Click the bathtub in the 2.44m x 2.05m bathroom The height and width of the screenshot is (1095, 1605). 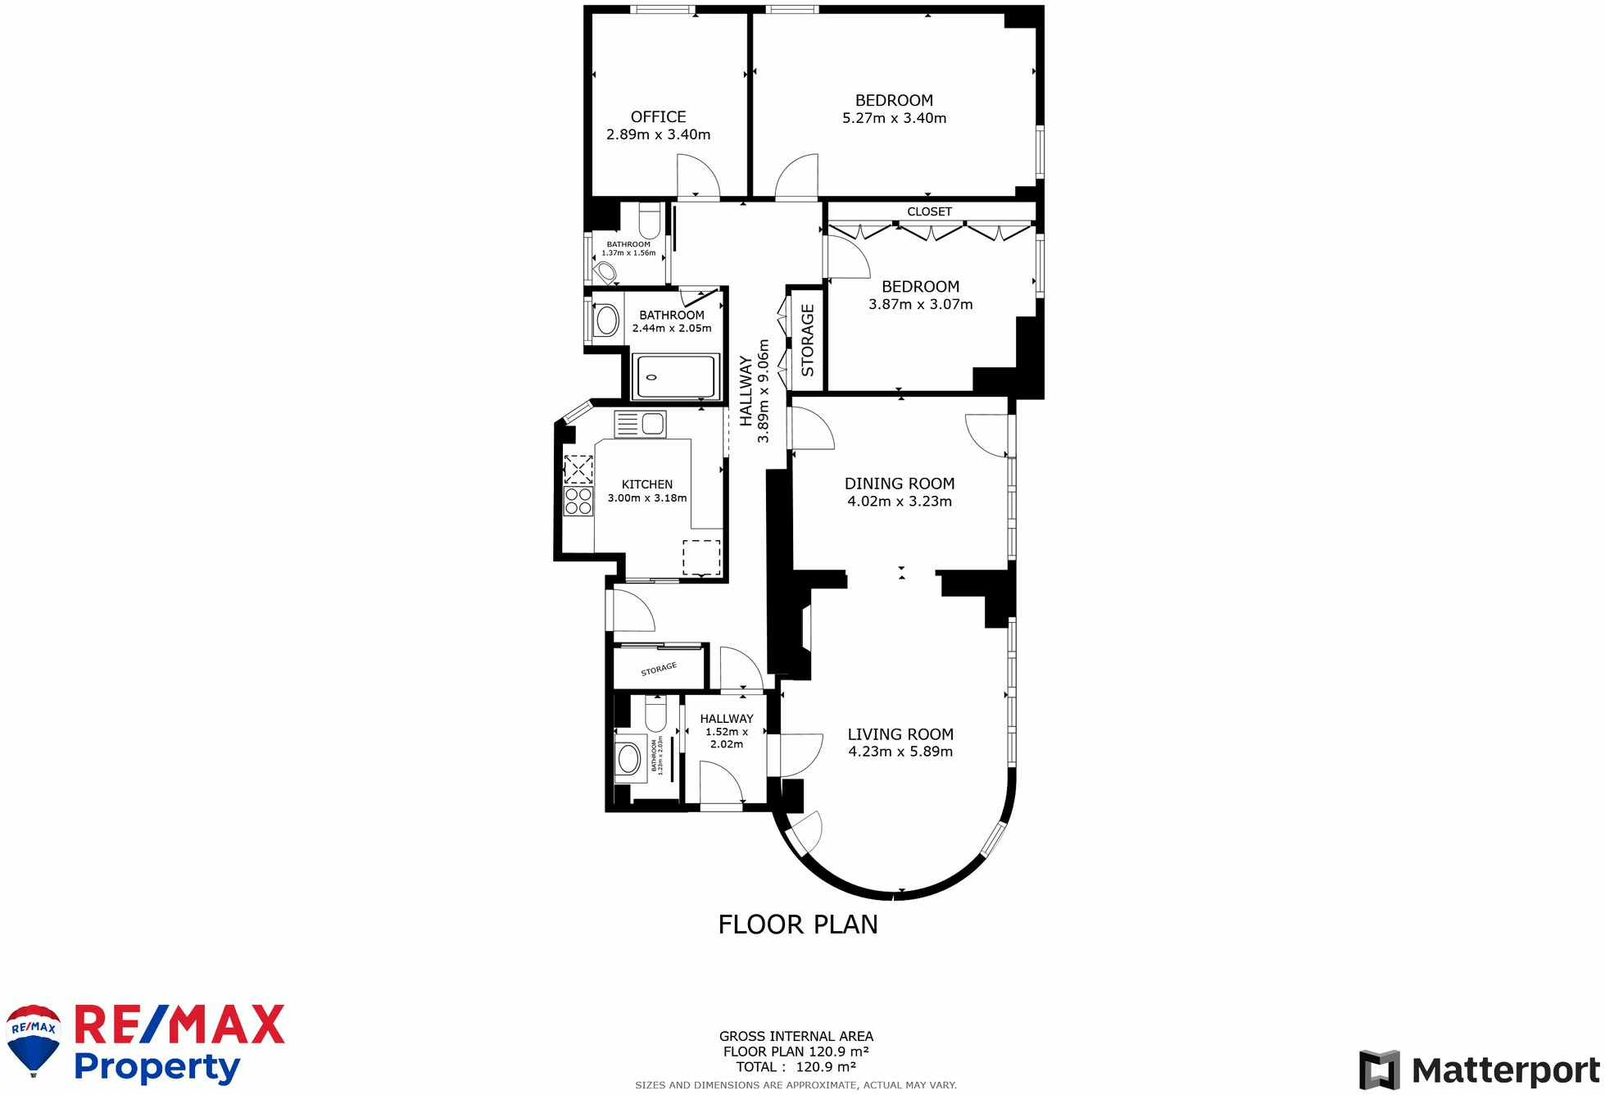pos(677,377)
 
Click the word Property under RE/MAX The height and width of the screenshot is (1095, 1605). pos(157,1068)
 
